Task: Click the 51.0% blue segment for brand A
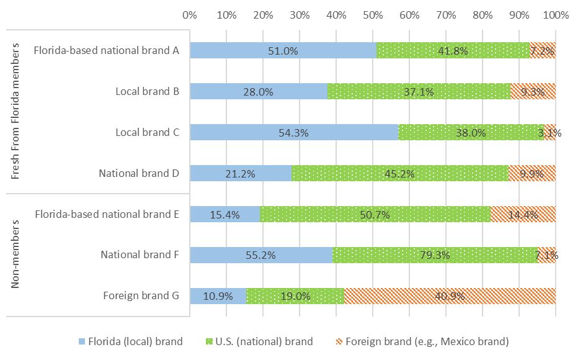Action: click(x=283, y=50)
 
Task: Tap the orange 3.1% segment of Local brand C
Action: click(x=550, y=132)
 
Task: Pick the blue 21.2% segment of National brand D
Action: click(x=241, y=173)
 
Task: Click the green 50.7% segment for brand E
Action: click(x=375, y=214)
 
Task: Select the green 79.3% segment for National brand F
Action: click(x=435, y=255)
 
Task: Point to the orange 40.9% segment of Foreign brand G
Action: click(x=450, y=296)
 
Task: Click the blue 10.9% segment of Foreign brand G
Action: click(x=218, y=296)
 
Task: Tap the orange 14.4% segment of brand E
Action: click(x=523, y=214)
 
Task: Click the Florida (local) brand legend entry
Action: click(x=131, y=341)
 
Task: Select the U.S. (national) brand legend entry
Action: click(x=260, y=341)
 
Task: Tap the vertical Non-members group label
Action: click(x=16, y=255)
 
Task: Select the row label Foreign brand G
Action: click(x=141, y=296)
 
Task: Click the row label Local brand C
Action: click(x=148, y=132)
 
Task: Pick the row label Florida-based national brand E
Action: click(x=107, y=214)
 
